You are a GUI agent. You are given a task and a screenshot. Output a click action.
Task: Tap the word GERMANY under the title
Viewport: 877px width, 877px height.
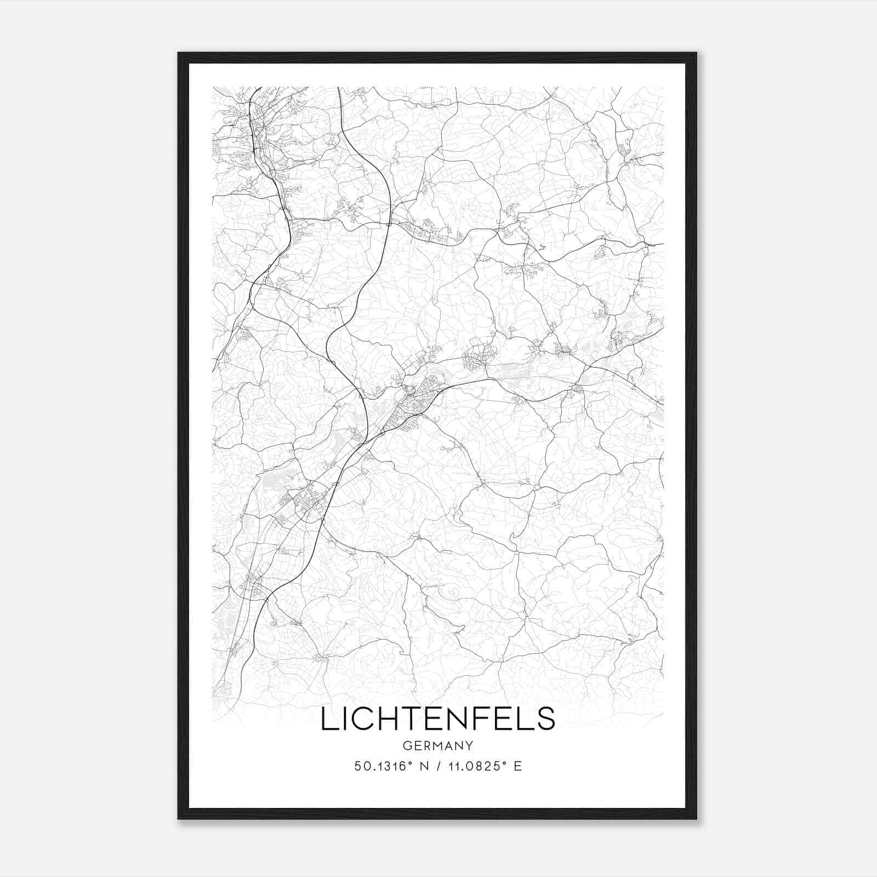point(437,745)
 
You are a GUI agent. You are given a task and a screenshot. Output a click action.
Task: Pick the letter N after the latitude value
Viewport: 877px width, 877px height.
point(424,766)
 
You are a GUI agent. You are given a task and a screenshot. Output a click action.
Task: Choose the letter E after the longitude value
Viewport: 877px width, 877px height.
point(518,766)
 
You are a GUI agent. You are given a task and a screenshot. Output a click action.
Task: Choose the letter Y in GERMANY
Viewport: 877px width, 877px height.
point(469,745)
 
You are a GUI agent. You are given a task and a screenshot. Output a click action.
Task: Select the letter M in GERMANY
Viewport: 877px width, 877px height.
point(438,745)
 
